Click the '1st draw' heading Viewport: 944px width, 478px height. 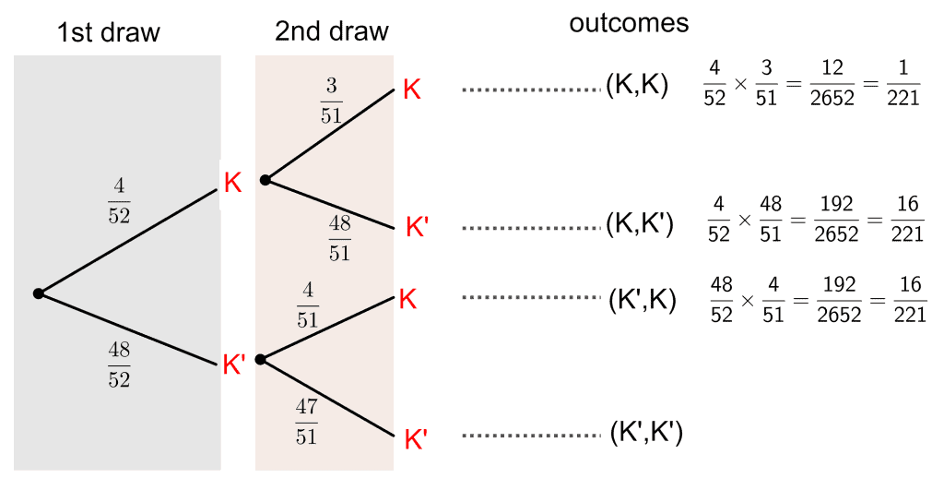click(109, 33)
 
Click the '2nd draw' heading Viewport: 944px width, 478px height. click(332, 32)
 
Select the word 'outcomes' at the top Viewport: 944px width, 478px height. click(629, 23)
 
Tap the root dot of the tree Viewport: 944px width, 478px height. click(39, 293)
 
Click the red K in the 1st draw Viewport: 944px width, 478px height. click(232, 182)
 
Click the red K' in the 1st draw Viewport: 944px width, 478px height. click(234, 364)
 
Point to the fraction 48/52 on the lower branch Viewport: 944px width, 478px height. click(119, 365)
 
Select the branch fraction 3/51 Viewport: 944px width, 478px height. click(330, 101)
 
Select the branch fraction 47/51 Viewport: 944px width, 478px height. click(307, 421)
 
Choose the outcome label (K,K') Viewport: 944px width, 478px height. click(640, 224)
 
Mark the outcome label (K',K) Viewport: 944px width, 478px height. click(643, 297)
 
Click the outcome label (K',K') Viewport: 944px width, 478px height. click(646, 433)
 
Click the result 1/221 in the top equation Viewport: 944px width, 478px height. click(903, 84)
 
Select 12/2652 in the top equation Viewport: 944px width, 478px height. click(839, 84)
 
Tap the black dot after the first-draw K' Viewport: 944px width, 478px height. click(260, 359)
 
